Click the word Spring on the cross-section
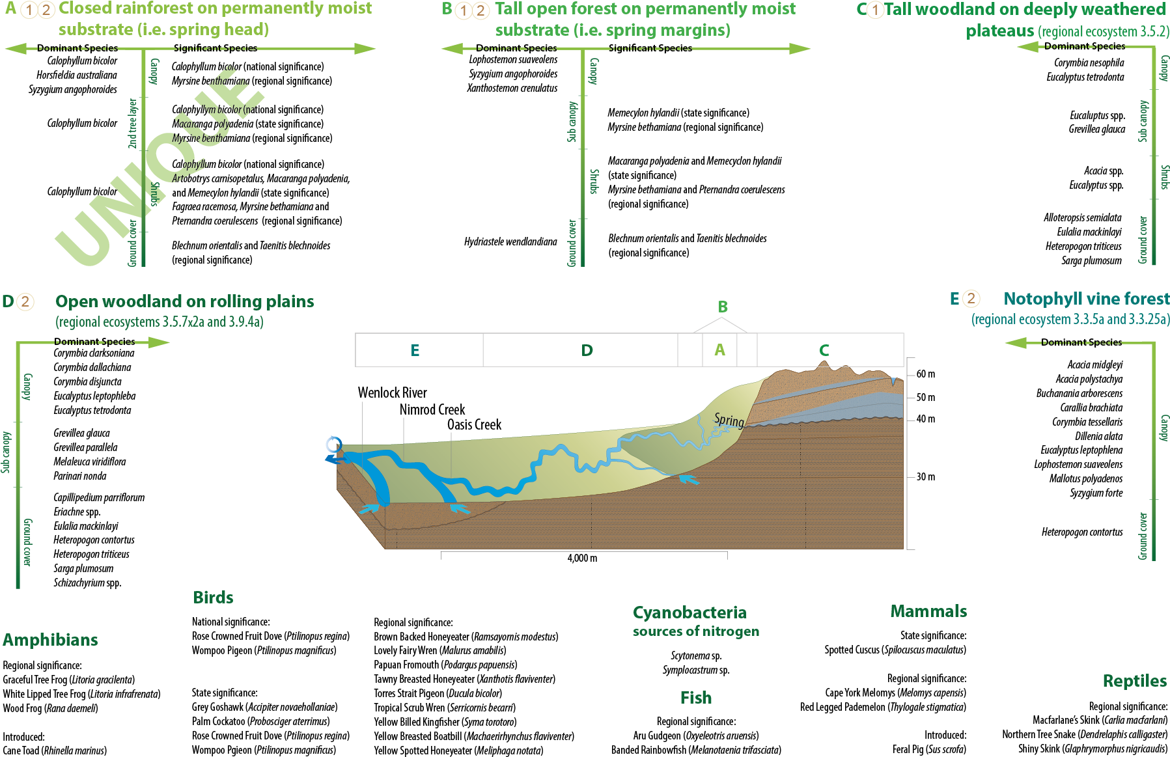(x=729, y=420)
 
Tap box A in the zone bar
(x=719, y=350)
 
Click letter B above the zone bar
(x=723, y=307)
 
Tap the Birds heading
(x=213, y=598)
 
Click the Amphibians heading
(x=50, y=640)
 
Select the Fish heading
(x=696, y=698)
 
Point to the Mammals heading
(x=928, y=611)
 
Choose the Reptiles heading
(x=1134, y=681)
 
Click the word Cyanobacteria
(x=689, y=612)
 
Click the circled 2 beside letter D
(x=25, y=301)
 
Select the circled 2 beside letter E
(x=971, y=299)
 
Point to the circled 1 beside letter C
(x=875, y=10)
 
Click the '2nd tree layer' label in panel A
(x=133, y=124)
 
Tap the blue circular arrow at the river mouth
(x=333, y=445)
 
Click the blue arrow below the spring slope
(x=689, y=480)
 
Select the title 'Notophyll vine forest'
(x=1086, y=299)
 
